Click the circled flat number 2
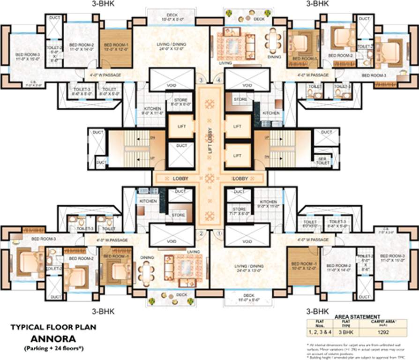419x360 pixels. coord(201,233)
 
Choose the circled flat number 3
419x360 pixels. coord(201,80)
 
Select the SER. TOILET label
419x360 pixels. coord(322,160)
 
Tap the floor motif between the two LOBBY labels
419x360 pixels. coord(210,178)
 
